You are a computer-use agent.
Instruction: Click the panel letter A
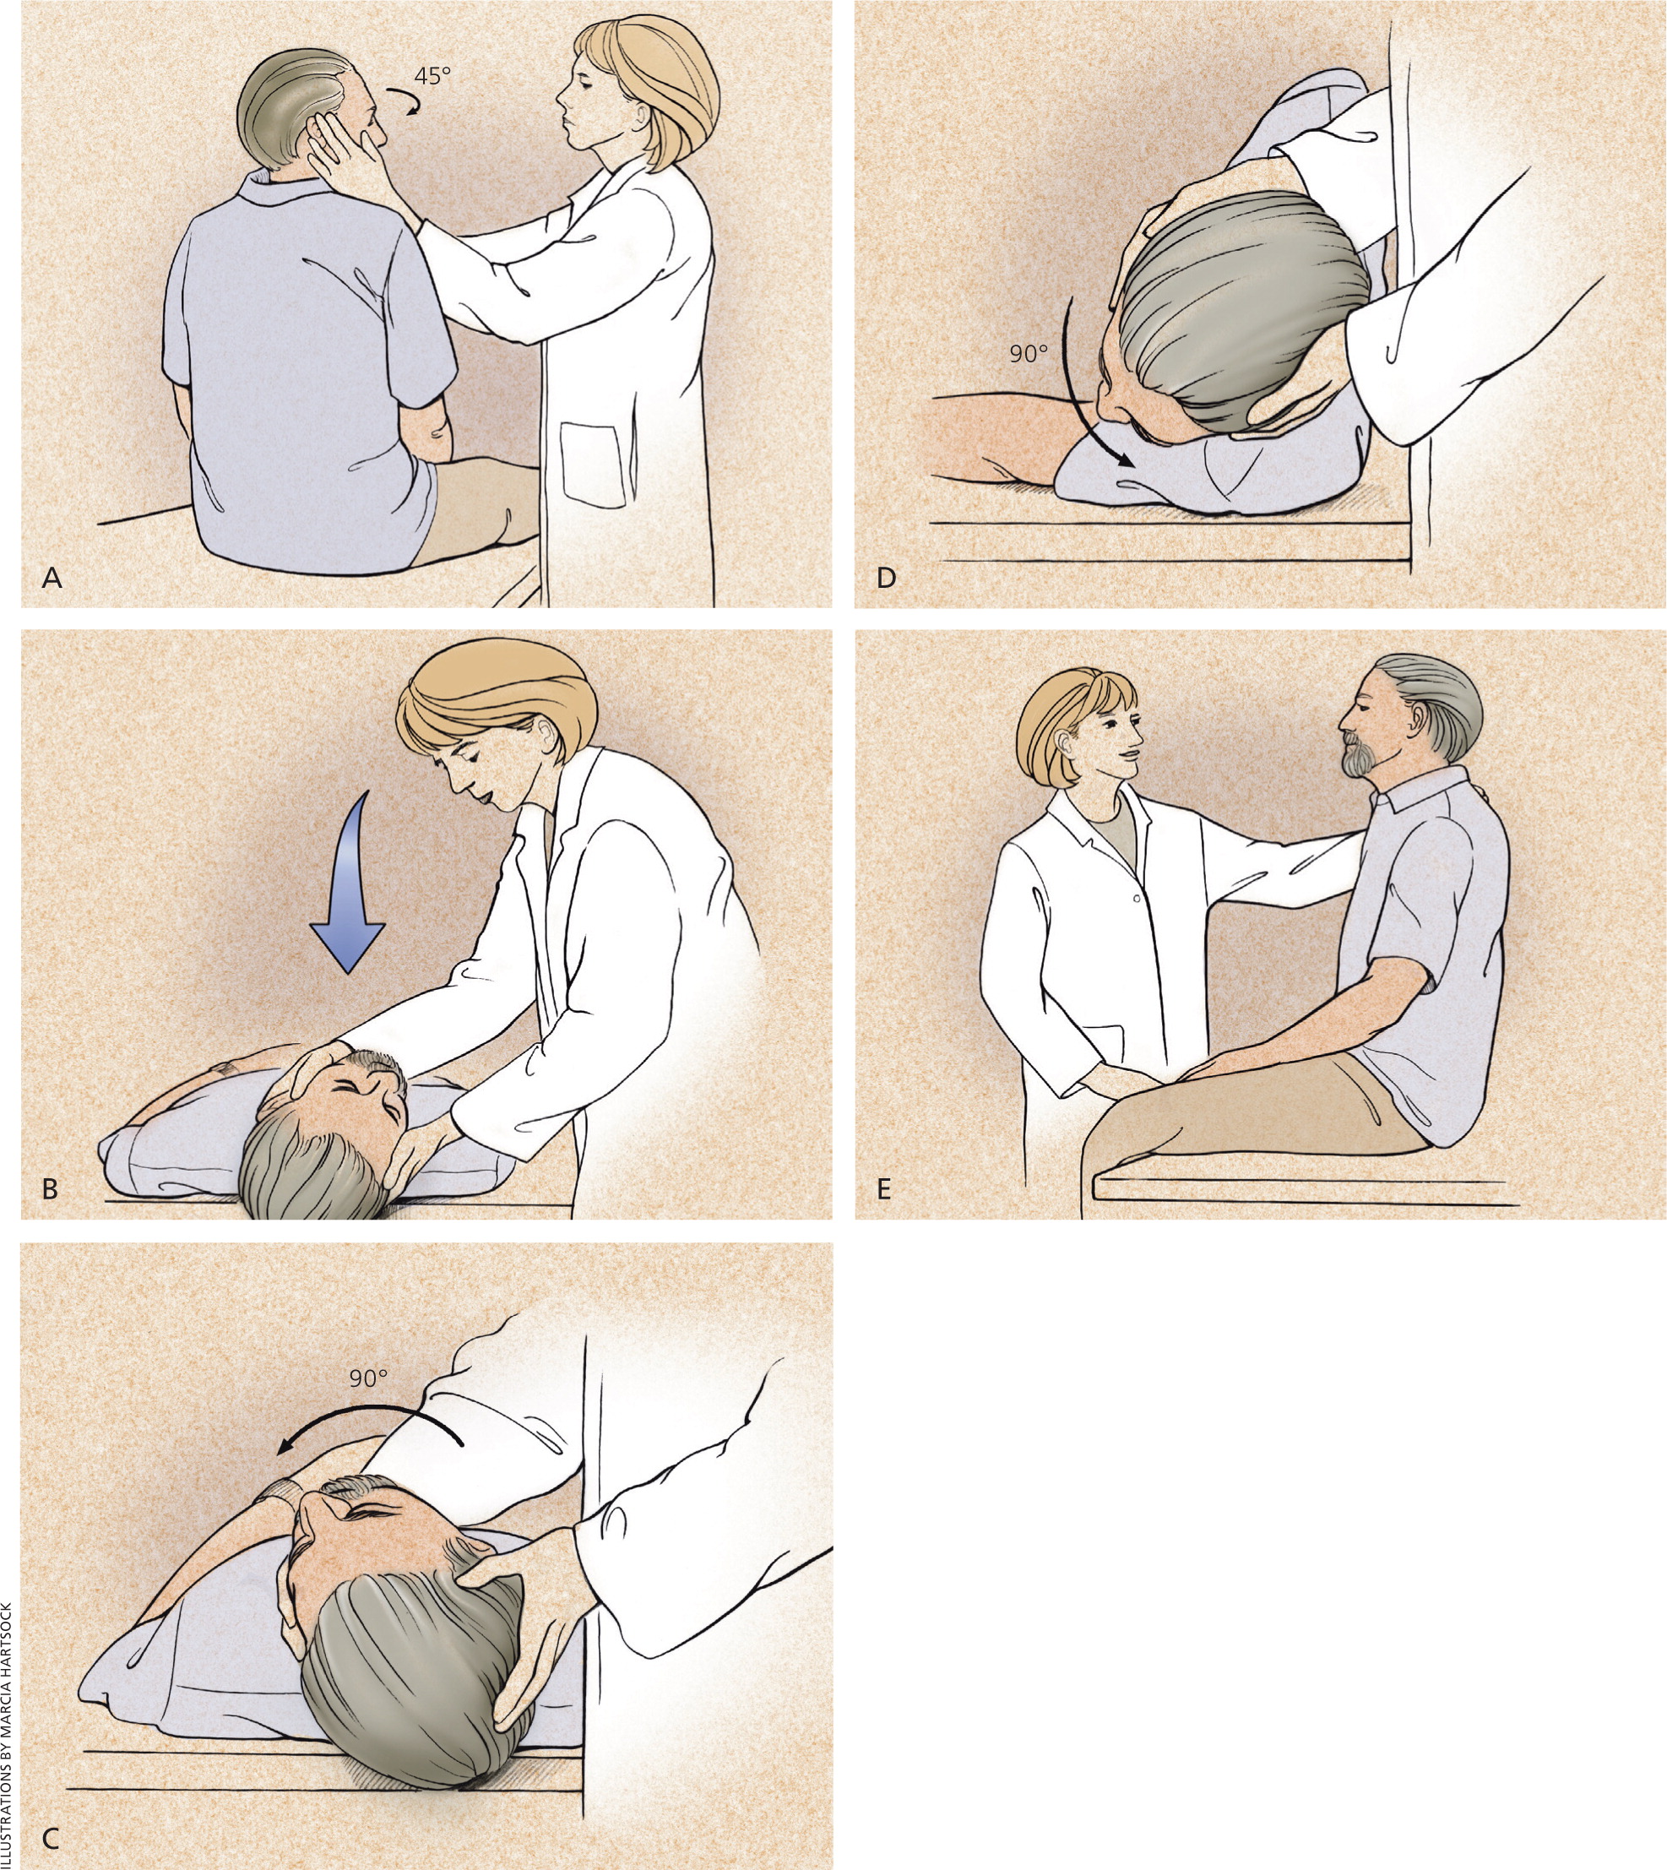(52, 578)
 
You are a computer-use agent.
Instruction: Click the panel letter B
(51, 1188)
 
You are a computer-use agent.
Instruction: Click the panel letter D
(886, 578)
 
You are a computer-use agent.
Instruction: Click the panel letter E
(884, 1188)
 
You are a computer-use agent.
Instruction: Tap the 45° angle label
(433, 76)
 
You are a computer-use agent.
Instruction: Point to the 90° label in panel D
(1029, 353)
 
